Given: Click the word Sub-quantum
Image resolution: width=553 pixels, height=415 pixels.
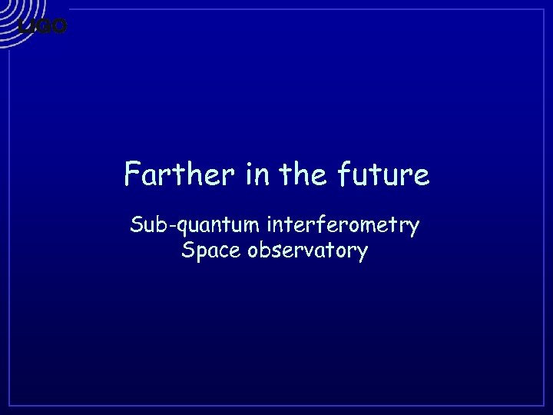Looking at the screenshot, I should tap(196, 226).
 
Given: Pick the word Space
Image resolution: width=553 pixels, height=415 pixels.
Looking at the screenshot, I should tap(208, 251).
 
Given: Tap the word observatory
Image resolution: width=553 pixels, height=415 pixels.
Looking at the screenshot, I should tap(307, 251).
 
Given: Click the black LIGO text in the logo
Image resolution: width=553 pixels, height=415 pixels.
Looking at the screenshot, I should tap(43, 26).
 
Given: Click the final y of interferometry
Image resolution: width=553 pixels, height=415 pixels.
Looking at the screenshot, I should tap(414, 229).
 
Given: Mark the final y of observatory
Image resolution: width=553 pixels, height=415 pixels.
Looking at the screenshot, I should tap(363, 254).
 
